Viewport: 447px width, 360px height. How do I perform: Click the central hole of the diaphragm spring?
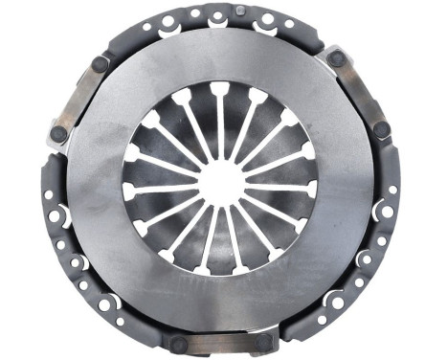pyautogui.click(x=223, y=178)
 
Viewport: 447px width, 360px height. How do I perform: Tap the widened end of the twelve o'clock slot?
pyautogui.click(x=220, y=90)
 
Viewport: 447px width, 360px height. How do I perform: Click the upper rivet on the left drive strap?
pyautogui.click(x=100, y=64)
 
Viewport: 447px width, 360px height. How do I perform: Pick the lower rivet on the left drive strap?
pyautogui.click(x=58, y=135)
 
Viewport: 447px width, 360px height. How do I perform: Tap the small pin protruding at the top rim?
pyautogui.click(x=240, y=10)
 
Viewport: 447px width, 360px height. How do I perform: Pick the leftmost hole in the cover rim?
pyautogui.click(x=48, y=194)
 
